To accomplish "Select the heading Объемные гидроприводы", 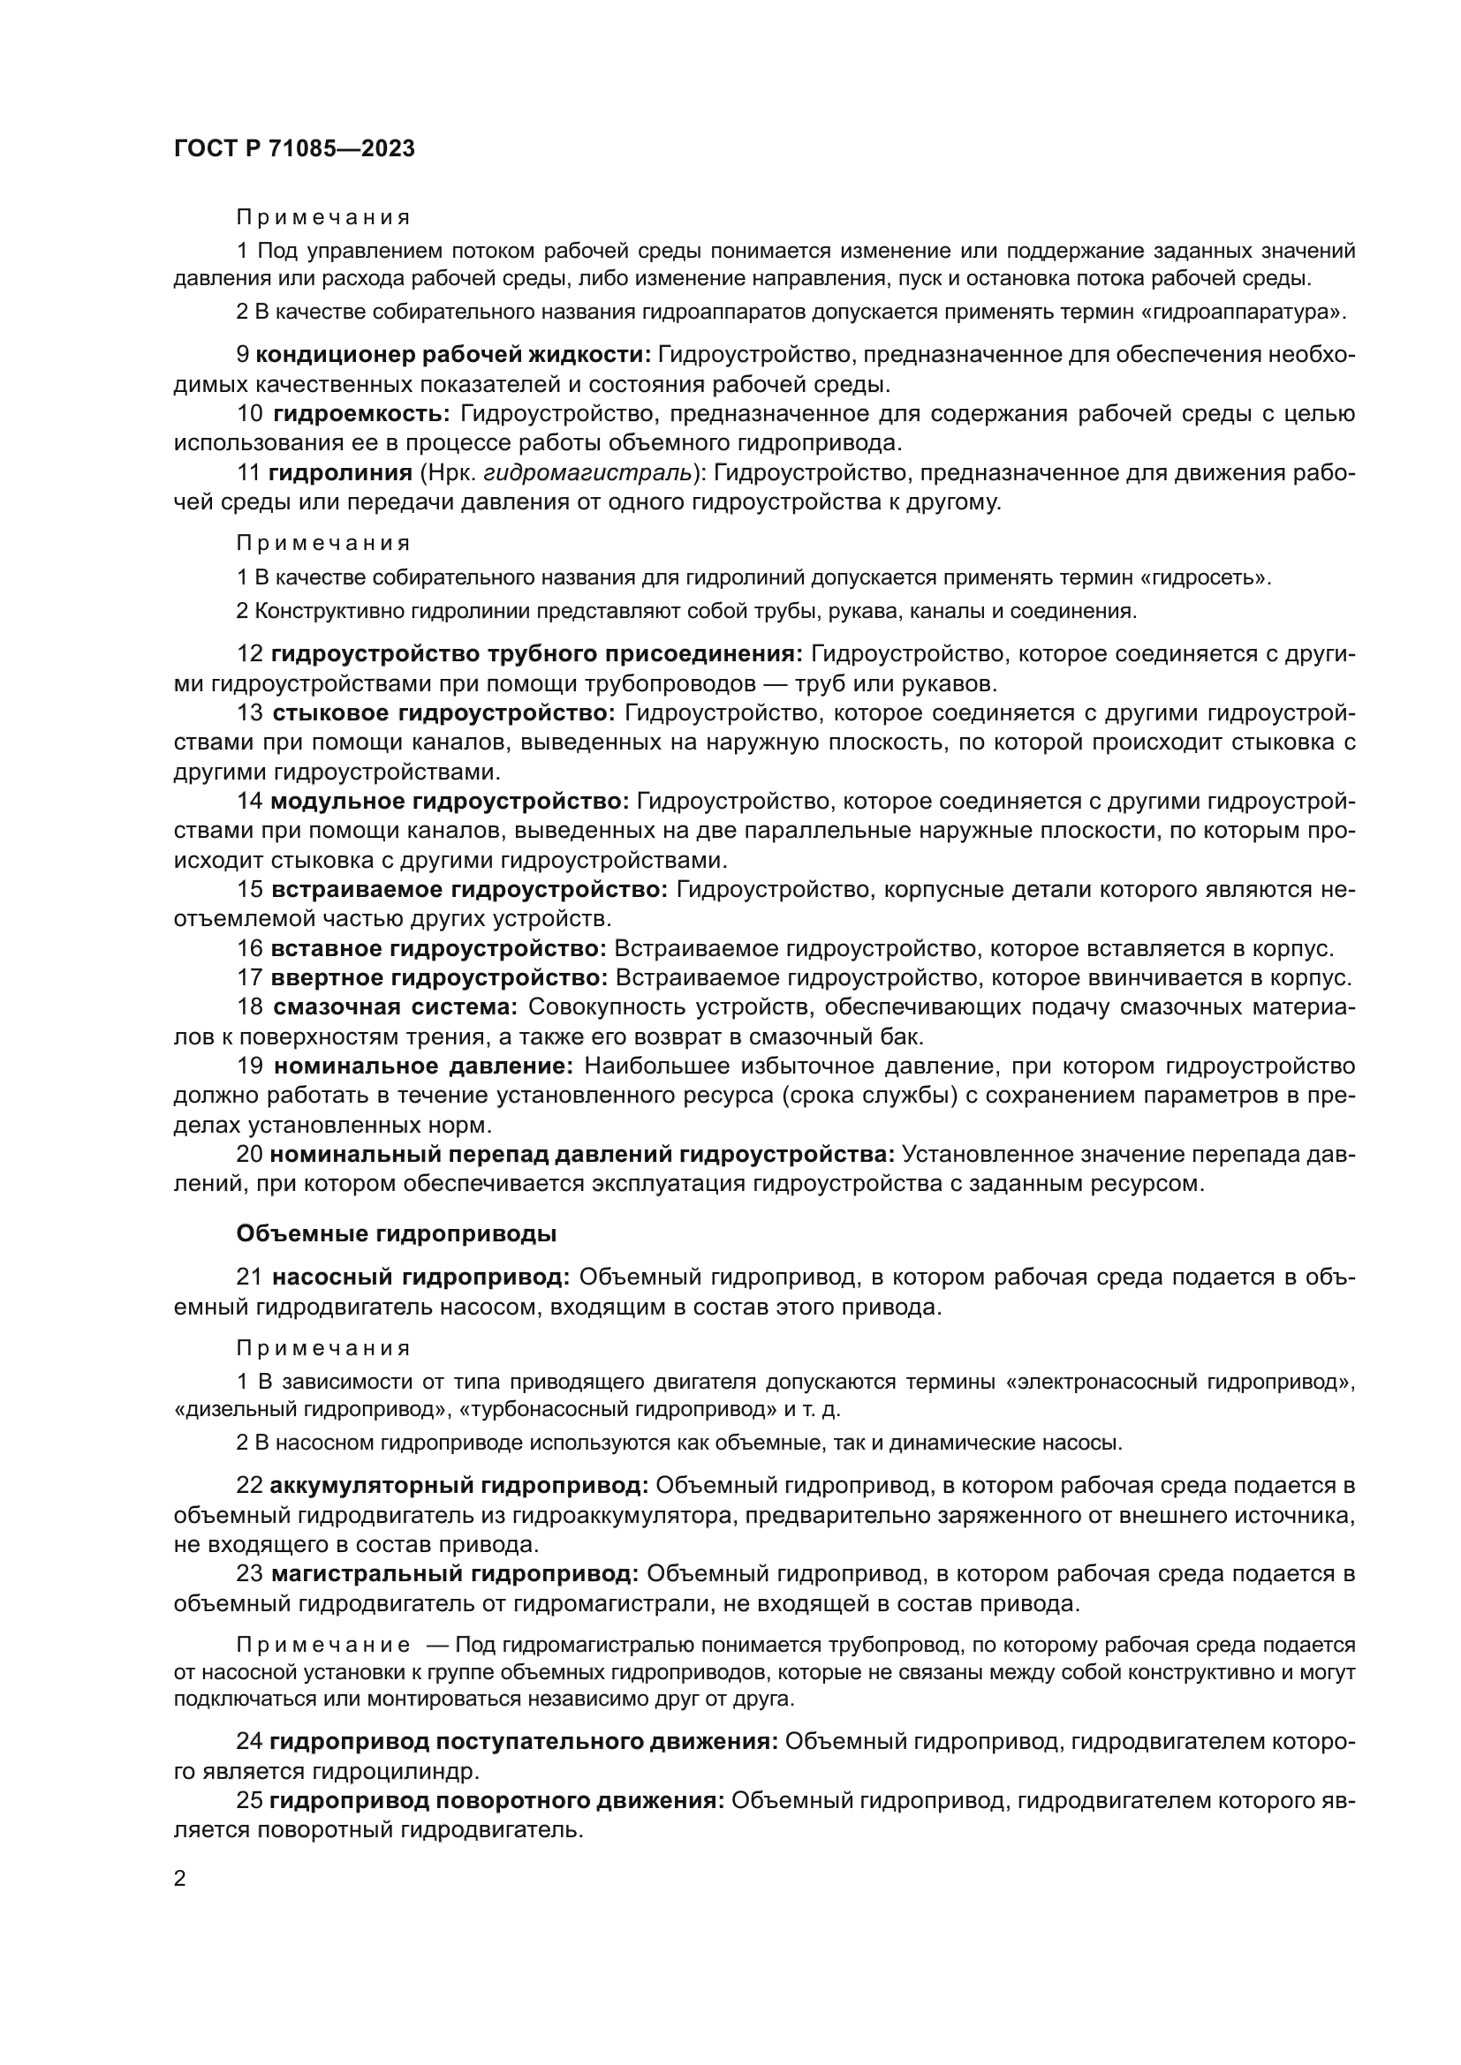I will click(396, 1234).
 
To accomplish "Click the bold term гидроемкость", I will click(361, 414).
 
